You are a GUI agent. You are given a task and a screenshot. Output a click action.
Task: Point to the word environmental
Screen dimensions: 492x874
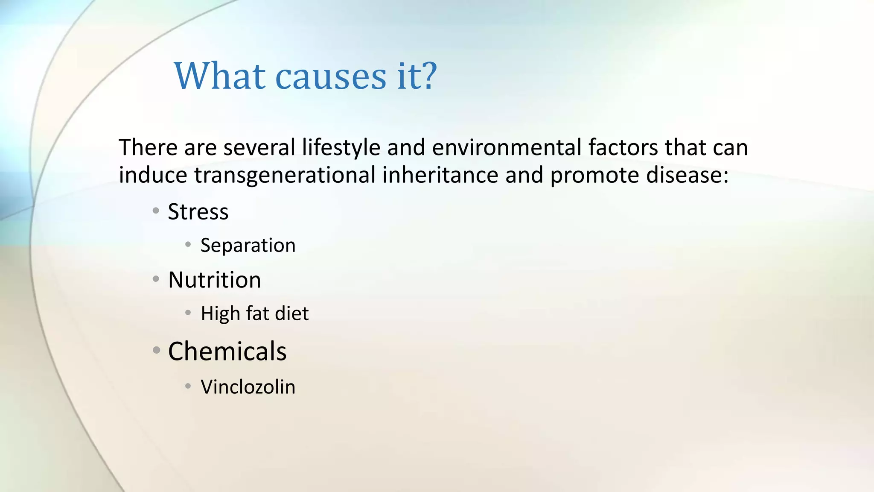pyautogui.click(x=507, y=148)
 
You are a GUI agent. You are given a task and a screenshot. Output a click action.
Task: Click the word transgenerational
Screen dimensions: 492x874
pyautogui.click(x=285, y=176)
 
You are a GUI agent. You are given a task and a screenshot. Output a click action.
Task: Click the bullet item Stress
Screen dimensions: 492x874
pyautogui.click(x=198, y=212)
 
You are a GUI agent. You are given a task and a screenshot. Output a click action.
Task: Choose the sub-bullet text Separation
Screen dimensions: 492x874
pyautogui.click(x=248, y=246)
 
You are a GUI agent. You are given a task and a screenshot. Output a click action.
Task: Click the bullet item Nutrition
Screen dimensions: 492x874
pyautogui.click(x=214, y=280)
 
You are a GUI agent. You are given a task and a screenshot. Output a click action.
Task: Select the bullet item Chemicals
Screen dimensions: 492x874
pyautogui.click(x=227, y=351)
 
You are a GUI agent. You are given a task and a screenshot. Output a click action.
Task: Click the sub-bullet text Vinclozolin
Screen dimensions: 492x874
pyautogui.click(x=248, y=387)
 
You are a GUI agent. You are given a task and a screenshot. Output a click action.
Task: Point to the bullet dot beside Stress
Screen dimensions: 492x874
pyautogui.click(x=156, y=211)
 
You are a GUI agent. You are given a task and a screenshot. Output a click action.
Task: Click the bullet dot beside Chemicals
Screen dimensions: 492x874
pyautogui.click(x=157, y=351)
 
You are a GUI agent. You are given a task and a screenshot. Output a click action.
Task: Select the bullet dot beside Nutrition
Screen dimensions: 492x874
pyautogui.click(x=156, y=279)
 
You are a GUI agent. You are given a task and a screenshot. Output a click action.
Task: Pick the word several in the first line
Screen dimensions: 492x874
pyautogui.click(x=259, y=148)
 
